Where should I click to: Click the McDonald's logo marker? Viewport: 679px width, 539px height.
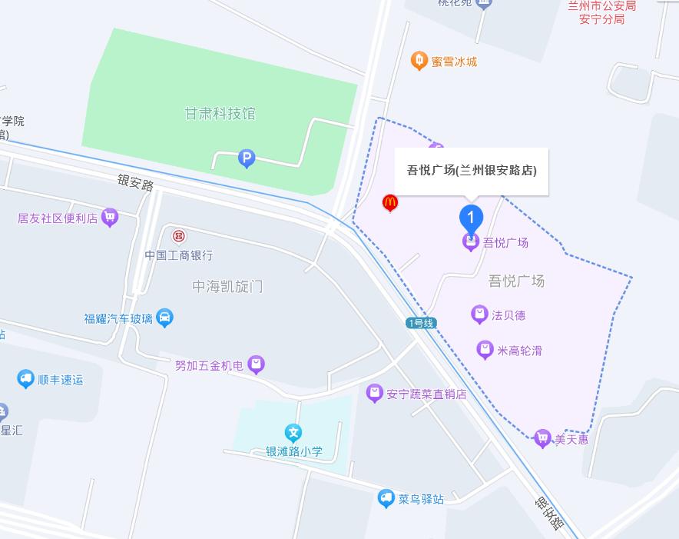tap(390, 203)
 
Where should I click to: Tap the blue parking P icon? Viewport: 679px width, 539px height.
tap(247, 159)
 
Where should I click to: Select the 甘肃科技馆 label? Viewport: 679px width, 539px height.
tap(220, 114)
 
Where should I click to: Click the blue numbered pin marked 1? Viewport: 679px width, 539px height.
tap(471, 217)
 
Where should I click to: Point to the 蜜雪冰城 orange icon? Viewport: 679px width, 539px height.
tap(419, 61)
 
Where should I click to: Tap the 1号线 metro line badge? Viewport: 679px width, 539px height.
tap(421, 323)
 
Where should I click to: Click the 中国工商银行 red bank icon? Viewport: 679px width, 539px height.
tap(179, 235)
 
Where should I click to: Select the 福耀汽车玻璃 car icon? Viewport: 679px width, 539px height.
tap(164, 318)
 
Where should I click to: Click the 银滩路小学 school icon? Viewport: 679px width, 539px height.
tap(292, 433)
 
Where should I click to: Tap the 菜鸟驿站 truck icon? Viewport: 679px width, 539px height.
tap(386, 498)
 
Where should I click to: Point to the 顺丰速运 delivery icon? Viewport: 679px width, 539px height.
tap(26, 379)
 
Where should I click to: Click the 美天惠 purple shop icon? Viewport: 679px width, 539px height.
tap(543, 439)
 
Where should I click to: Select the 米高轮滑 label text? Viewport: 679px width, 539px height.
tap(520, 351)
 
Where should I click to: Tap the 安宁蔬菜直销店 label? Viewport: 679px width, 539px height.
tap(426, 394)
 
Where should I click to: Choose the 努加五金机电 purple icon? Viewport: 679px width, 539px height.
tap(257, 364)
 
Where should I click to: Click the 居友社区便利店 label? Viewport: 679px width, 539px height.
tap(58, 218)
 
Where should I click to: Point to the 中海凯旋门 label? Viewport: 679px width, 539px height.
tap(227, 286)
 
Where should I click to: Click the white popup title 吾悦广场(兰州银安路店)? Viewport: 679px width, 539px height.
tap(472, 170)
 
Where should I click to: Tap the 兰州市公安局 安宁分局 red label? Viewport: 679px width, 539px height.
tap(601, 12)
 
